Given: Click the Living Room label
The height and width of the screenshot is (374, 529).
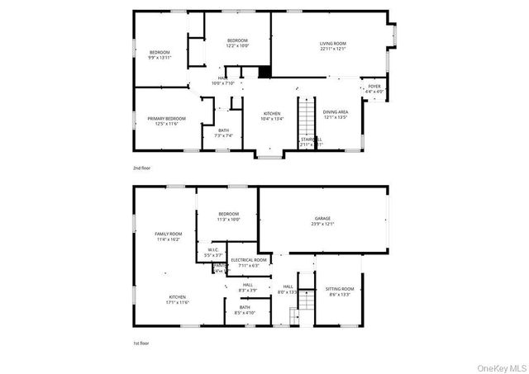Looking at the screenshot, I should (333, 46).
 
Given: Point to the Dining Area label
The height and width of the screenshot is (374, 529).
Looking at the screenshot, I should (336, 114).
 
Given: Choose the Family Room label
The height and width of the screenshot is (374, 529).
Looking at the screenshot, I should (168, 236).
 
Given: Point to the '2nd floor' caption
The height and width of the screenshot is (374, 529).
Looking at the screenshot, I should (142, 168).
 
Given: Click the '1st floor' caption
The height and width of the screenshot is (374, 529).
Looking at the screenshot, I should (142, 343).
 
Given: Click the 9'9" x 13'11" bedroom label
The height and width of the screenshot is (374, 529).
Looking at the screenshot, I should (160, 55).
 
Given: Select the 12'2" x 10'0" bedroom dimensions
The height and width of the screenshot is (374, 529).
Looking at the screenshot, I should (238, 46).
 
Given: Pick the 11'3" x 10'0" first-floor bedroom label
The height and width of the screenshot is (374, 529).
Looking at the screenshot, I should (228, 217).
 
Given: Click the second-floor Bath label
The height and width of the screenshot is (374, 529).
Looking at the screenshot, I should (224, 132).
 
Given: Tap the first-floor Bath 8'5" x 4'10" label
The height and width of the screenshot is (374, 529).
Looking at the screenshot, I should (245, 310).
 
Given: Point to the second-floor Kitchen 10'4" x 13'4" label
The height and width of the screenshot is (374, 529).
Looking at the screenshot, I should (272, 116).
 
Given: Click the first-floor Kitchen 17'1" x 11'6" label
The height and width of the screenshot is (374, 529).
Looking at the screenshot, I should (178, 299).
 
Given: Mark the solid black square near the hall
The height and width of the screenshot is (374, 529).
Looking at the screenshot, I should (264, 72).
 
